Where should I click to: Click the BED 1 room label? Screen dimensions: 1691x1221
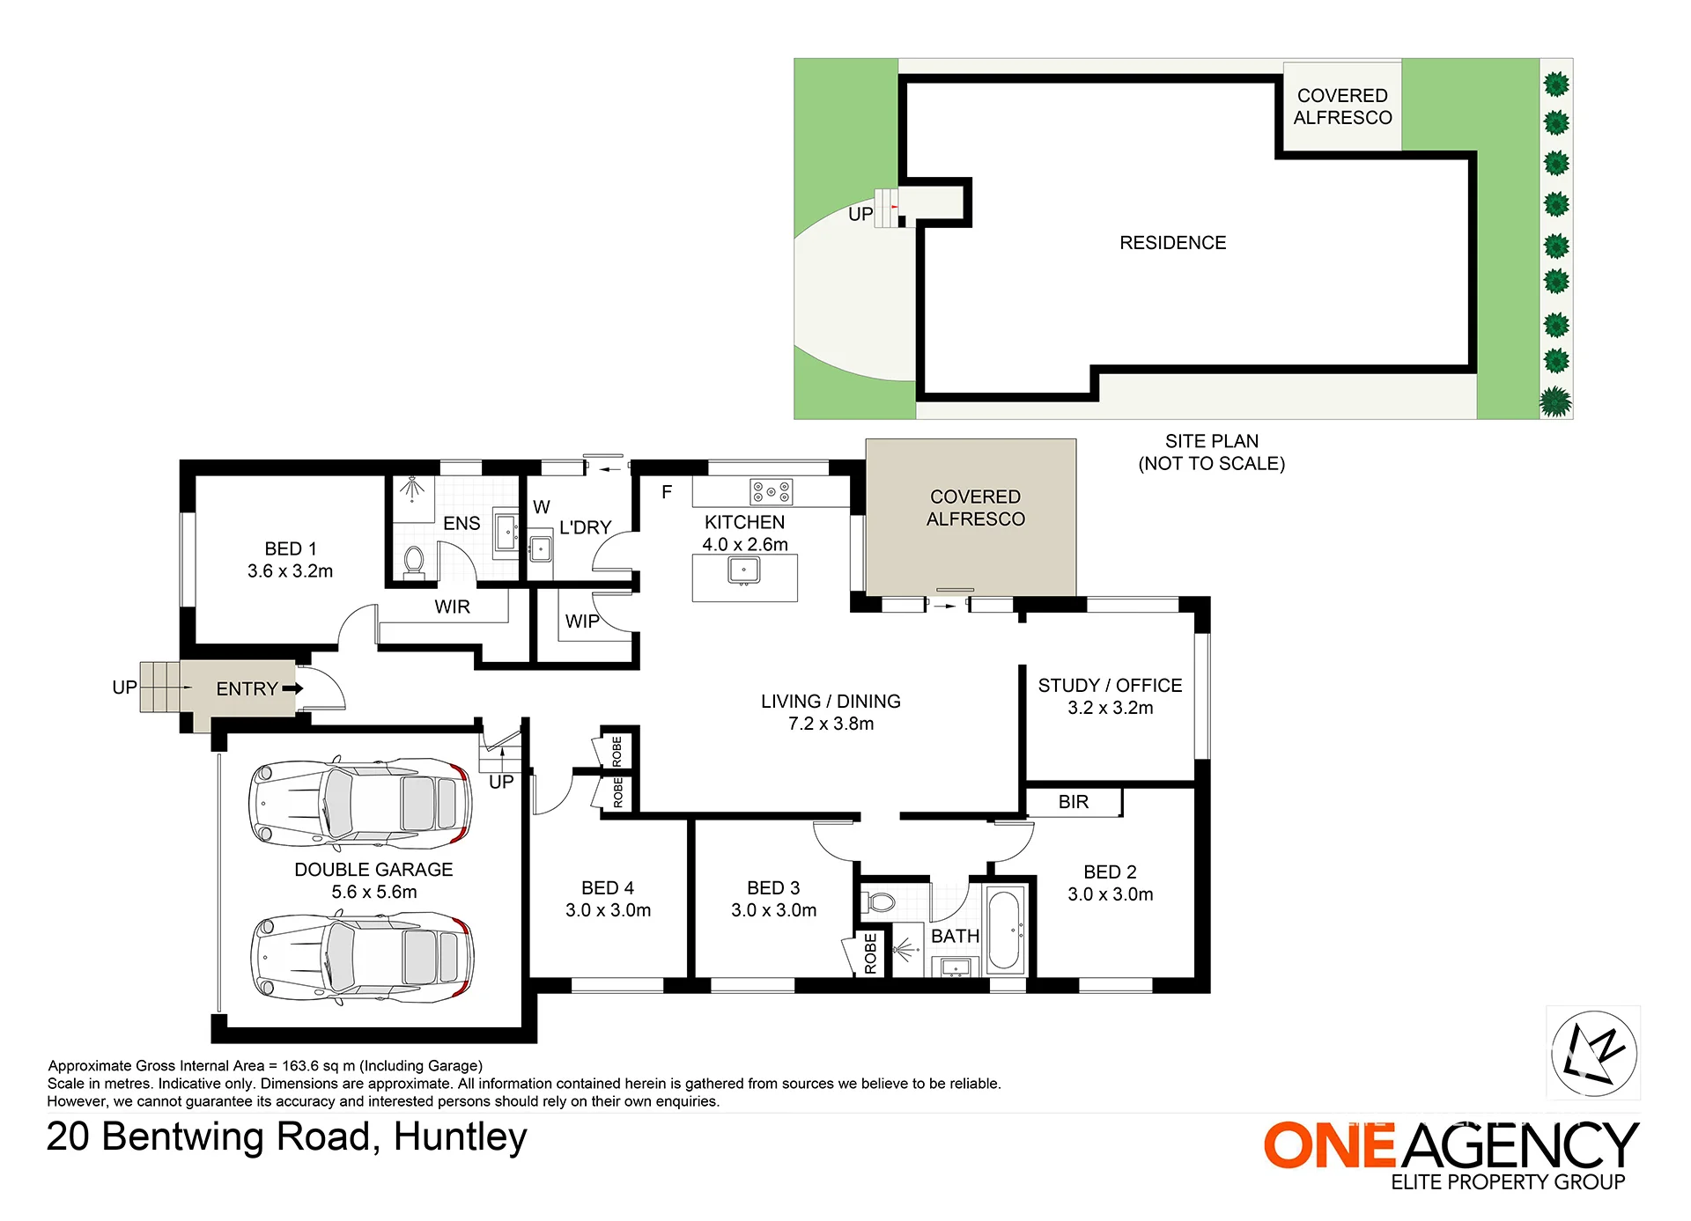click(291, 548)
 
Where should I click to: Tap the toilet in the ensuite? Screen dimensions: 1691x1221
click(414, 561)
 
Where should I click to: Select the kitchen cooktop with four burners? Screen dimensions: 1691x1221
click(771, 492)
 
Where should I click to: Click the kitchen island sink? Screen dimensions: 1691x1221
click(744, 570)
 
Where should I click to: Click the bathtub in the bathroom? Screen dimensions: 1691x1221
click(1005, 930)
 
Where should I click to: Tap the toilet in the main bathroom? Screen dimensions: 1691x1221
click(878, 901)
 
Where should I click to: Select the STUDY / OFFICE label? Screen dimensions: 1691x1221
click(1110, 685)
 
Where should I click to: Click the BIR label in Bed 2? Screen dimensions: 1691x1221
click(1074, 802)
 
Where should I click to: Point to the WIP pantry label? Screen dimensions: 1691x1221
click(582, 622)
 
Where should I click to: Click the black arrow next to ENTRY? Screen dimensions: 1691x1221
click(293, 688)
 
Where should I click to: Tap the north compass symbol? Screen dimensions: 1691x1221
click(1593, 1052)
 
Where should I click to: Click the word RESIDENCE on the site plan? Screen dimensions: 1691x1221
click(1172, 243)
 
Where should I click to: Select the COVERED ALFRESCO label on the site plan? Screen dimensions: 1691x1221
click(1342, 107)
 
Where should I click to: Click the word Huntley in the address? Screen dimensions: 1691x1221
click(460, 1137)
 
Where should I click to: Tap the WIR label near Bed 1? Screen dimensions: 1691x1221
click(452, 607)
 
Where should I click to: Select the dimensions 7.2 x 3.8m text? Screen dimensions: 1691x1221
click(831, 724)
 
